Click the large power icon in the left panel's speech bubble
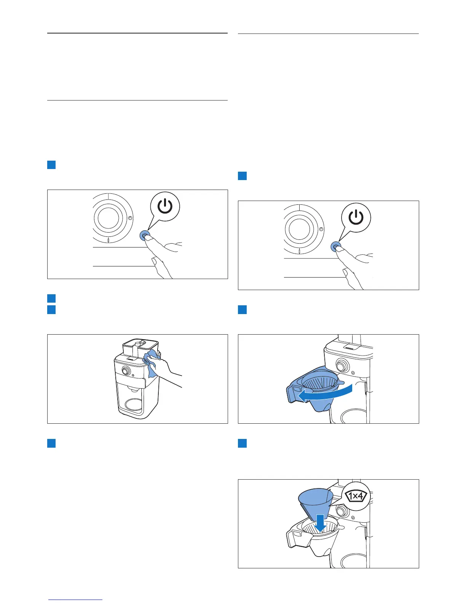click(165, 207)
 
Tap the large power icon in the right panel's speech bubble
click(356, 218)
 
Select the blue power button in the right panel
click(335, 247)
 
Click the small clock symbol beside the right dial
click(321, 229)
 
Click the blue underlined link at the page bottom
click(75, 599)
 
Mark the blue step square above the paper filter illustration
click(242, 443)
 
